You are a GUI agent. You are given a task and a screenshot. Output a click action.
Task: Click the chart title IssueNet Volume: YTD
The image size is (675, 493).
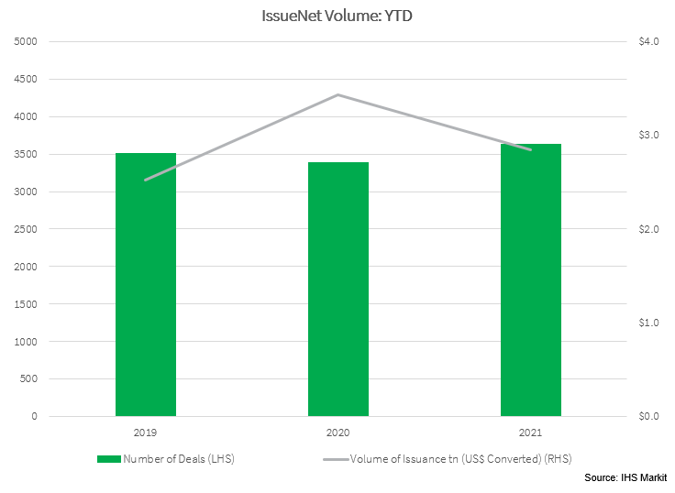[337, 15]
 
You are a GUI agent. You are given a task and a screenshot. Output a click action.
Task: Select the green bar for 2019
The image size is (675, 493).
[146, 284]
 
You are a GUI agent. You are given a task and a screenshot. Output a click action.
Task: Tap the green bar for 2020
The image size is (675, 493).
[338, 289]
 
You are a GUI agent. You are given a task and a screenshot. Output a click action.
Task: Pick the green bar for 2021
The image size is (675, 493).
[531, 279]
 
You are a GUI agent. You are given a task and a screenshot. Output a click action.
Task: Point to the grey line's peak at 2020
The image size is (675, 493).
[338, 94]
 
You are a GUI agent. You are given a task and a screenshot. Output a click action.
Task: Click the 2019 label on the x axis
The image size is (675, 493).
[146, 431]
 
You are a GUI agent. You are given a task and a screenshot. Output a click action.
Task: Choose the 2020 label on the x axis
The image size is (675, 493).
[338, 431]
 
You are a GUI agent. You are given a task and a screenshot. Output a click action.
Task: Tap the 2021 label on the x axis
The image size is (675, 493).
[531, 431]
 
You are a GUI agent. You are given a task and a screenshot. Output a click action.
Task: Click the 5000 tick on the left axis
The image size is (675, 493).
[26, 42]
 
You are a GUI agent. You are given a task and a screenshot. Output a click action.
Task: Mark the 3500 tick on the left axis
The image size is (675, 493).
[26, 155]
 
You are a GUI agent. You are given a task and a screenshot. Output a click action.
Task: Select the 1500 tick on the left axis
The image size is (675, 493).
[26, 304]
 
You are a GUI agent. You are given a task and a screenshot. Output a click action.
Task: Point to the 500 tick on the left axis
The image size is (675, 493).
[28, 379]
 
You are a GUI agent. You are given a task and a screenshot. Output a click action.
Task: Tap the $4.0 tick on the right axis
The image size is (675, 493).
[649, 42]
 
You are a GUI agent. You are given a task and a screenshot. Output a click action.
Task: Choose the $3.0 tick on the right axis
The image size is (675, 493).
[649, 136]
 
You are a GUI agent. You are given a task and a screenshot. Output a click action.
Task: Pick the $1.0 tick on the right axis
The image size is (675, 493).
[649, 323]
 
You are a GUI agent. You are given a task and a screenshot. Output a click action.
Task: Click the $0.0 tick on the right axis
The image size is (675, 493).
[649, 417]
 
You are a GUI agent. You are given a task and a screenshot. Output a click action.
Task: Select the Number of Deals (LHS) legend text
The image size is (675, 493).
[179, 458]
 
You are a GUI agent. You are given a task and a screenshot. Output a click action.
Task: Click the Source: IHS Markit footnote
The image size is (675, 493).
[625, 478]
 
